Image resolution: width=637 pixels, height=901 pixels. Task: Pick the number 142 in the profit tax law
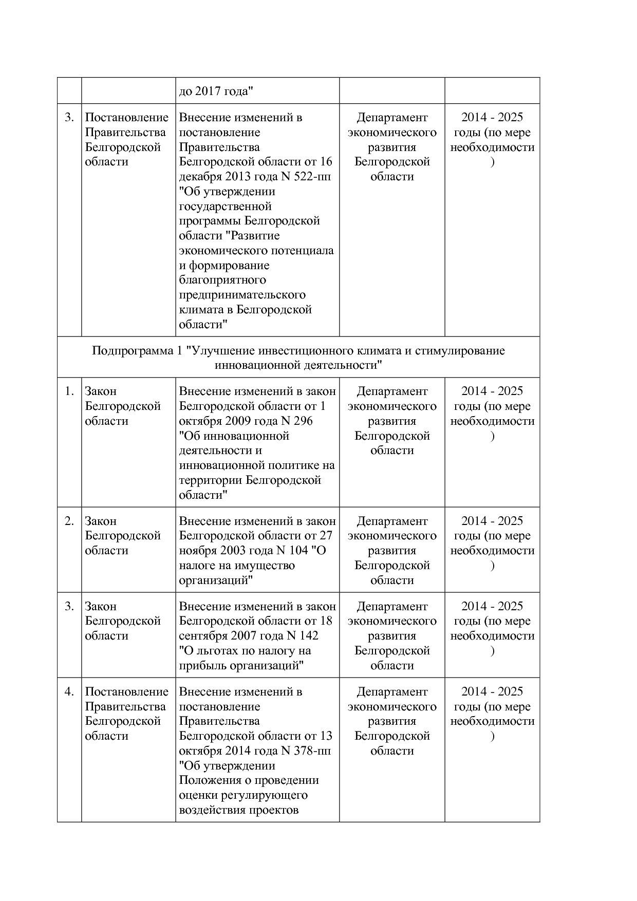click(308, 636)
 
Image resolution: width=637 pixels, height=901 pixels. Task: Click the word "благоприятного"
click(222, 280)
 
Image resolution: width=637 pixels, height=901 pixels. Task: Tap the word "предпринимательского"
click(242, 295)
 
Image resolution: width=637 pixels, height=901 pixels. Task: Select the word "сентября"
click(203, 636)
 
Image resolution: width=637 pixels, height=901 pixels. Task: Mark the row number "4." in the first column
click(69, 692)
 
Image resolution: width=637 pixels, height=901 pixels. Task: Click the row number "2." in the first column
click(69, 521)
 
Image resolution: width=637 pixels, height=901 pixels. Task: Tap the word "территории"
click(211, 480)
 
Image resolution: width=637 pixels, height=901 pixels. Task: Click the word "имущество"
click(265, 566)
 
